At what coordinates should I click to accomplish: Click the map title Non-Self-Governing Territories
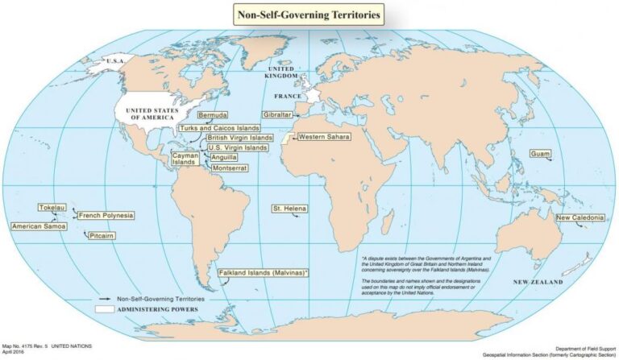pos(309,14)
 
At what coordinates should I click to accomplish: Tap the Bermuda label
pos(213,115)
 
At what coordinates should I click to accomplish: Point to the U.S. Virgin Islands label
pos(237,147)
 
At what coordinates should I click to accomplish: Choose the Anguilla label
pos(223,157)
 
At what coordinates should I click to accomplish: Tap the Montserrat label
pos(229,168)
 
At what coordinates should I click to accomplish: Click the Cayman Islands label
pos(184,158)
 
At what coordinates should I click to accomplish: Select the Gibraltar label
pos(276,115)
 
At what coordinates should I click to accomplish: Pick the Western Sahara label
pos(324,137)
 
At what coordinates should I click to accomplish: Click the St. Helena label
pos(289,209)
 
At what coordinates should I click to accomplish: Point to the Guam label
pos(540,153)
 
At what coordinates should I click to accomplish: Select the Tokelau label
pos(52,207)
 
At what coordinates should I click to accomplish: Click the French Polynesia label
pos(106,215)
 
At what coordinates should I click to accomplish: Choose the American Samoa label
pos(37,226)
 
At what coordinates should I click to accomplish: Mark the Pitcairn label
pos(102,235)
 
